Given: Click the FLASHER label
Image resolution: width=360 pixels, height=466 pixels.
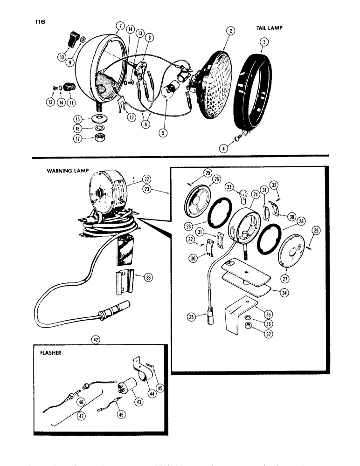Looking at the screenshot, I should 52,353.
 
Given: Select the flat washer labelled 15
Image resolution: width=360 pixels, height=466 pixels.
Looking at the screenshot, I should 99,116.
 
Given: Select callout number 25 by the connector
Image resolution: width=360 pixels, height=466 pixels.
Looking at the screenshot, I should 202,318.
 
